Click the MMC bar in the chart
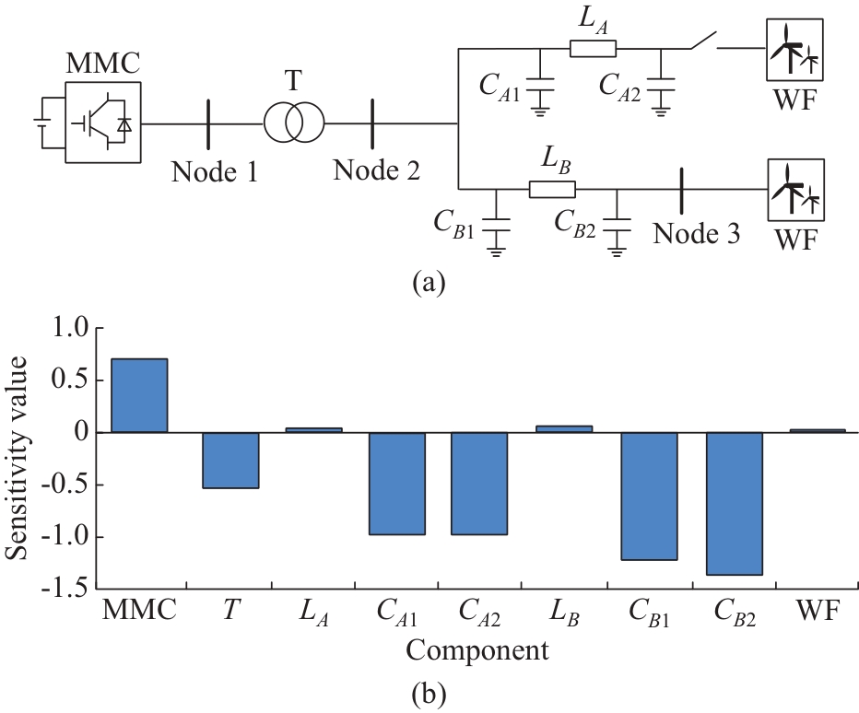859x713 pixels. (139, 395)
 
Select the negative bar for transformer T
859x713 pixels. (230, 460)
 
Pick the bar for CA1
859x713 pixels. (397, 483)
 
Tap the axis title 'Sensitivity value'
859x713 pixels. (19, 457)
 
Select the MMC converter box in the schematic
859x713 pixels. (102, 123)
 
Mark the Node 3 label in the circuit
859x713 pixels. (697, 233)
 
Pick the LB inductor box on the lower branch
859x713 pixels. (551, 189)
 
